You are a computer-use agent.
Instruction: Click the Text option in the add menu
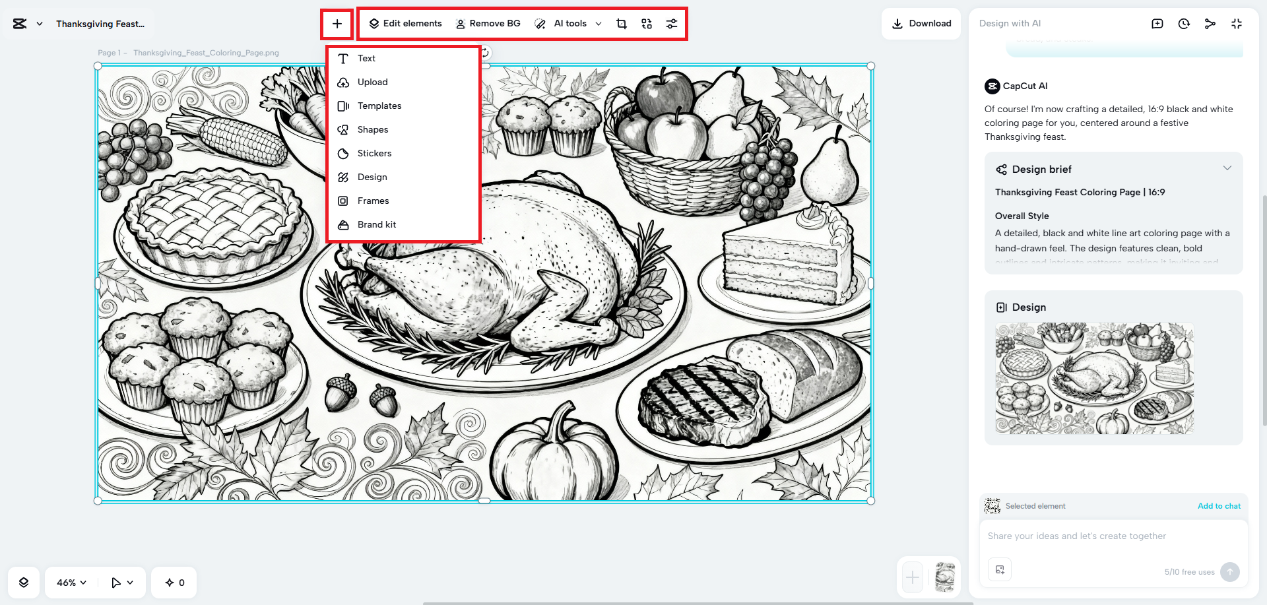coord(366,59)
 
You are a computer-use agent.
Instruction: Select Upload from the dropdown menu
coord(372,82)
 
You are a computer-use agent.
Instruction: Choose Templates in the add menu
coord(379,106)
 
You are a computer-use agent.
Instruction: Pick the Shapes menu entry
coord(372,130)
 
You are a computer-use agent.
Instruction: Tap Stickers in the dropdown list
coord(374,154)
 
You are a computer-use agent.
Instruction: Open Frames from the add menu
coord(373,201)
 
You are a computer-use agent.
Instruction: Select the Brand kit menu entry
coord(376,225)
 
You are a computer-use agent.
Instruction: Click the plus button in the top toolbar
coord(337,24)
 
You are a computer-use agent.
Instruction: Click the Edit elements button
coord(405,24)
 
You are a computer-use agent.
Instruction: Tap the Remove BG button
coord(488,24)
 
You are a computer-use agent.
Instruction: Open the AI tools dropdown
coord(569,24)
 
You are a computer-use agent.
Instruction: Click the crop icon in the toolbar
coord(622,24)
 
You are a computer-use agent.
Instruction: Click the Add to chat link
coord(1219,506)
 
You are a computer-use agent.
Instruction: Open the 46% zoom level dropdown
coord(71,583)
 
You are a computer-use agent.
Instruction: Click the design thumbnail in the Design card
coord(1094,378)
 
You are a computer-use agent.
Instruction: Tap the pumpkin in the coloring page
coord(554,455)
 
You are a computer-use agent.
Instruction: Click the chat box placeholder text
coord(1076,536)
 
